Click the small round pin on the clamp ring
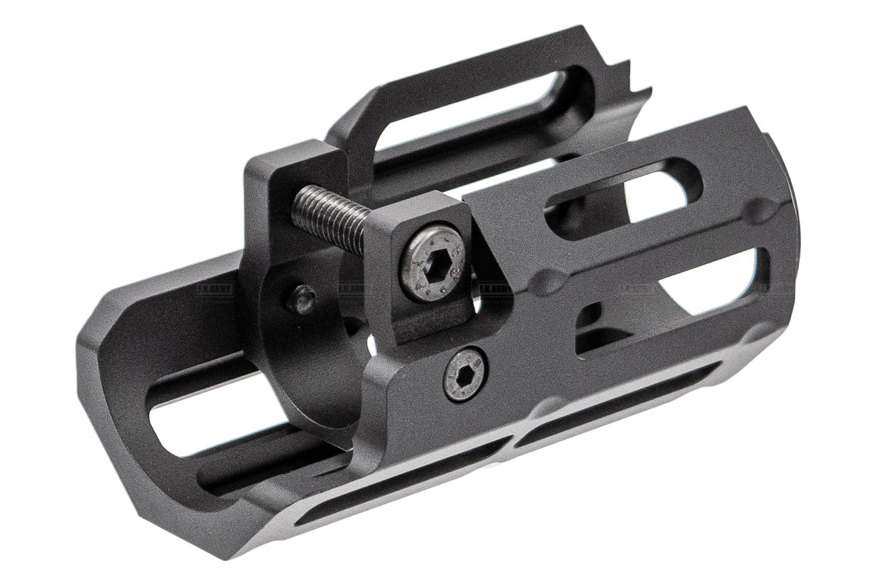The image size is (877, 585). (302, 300)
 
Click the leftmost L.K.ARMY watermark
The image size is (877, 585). (214, 289)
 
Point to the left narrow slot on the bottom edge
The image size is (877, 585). (404, 480)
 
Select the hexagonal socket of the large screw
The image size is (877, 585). (434, 264)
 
